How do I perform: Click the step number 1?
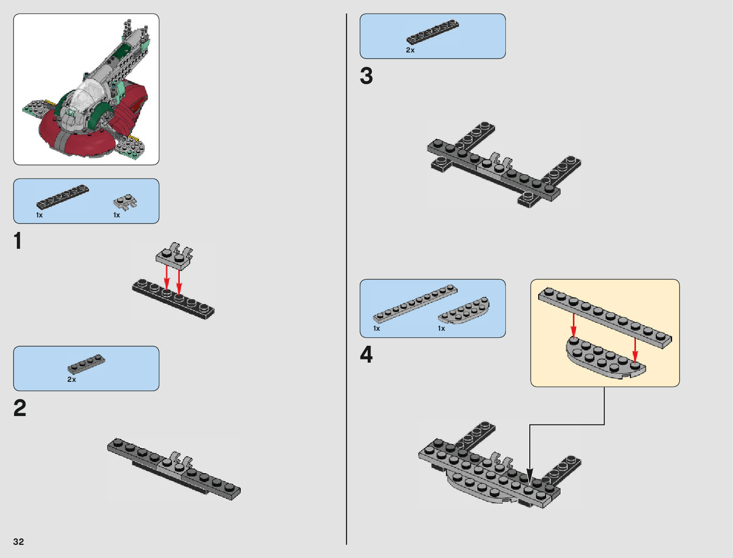tap(18, 241)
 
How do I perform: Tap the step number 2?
tap(20, 408)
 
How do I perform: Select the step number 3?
tap(366, 76)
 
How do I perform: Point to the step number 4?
tap(366, 355)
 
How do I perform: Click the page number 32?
tap(18, 542)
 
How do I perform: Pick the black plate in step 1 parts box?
tap(62, 196)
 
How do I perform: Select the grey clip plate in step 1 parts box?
tap(125, 202)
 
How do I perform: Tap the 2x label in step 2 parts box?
tap(72, 379)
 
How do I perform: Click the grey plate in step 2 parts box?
tap(86, 364)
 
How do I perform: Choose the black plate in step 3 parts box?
tap(432, 31)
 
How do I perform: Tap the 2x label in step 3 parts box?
tap(410, 50)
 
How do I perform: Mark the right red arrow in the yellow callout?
tap(635, 349)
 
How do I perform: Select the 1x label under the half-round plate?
tap(441, 328)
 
